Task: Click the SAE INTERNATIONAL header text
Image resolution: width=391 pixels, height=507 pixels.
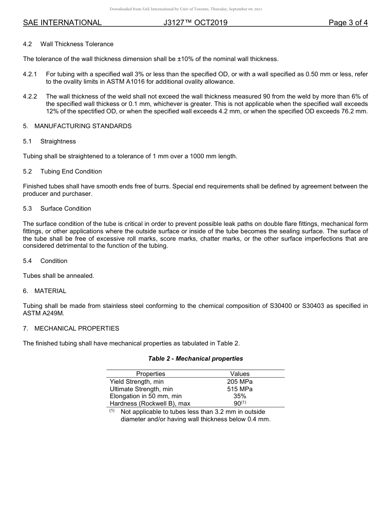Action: click(x=62, y=23)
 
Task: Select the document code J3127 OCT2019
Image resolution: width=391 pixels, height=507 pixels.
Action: click(x=195, y=23)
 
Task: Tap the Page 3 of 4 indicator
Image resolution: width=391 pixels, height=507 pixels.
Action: click(x=348, y=23)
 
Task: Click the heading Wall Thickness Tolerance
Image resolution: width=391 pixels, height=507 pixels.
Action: click(x=77, y=44)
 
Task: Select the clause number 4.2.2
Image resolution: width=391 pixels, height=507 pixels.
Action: click(x=30, y=96)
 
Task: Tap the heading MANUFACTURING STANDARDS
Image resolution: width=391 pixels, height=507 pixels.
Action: click(x=83, y=126)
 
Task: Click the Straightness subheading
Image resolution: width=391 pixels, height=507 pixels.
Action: click(x=58, y=141)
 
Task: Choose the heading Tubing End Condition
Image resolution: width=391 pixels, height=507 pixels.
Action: click(x=71, y=171)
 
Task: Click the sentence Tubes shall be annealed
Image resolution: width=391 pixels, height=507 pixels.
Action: click(x=58, y=276)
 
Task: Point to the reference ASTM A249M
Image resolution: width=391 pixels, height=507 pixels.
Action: click(x=44, y=313)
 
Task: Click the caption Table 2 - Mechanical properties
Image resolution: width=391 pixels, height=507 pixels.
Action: click(x=195, y=359)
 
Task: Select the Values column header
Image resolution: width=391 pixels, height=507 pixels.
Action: click(x=240, y=374)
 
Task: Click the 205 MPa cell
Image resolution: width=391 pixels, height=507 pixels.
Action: click(x=240, y=382)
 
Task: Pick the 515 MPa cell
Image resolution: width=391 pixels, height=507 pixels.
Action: click(x=240, y=389)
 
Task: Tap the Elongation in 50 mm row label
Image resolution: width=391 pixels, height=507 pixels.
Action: click(x=145, y=397)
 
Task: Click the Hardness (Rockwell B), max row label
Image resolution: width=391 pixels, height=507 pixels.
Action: click(x=150, y=404)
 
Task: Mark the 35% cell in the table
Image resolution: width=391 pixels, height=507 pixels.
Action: click(x=240, y=397)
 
